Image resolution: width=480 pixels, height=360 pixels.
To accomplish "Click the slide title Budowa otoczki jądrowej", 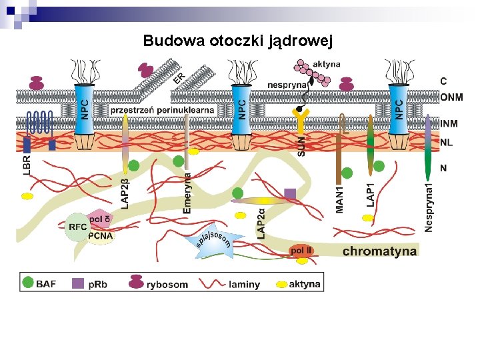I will [x=237, y=41].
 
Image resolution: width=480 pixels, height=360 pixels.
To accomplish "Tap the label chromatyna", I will [x=379, y=251].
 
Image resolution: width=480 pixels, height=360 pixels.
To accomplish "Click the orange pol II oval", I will [x=301, y=251].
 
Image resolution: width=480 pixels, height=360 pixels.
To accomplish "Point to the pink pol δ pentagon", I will [x=99, y=219].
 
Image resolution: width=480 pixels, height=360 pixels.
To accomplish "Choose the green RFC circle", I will [x=77, y=227].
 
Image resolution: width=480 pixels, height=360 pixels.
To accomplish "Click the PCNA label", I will [x=101, y=235].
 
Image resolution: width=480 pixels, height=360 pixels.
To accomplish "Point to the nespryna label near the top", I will [x=287, y=85].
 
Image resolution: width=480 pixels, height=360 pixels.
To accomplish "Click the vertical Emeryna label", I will [x=187, y=193].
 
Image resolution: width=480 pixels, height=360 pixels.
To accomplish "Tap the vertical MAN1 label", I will [x=340, y=199].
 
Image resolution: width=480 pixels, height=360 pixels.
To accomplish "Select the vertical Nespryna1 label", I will [x=429, y=207].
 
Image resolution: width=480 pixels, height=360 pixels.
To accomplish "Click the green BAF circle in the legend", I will [x=27, y=283].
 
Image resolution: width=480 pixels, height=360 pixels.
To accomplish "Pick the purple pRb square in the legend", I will [x=78, y=283].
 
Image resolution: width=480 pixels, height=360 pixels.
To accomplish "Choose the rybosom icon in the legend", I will [x=136, y=282].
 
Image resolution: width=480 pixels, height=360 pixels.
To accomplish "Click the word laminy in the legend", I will [x=245, y=285].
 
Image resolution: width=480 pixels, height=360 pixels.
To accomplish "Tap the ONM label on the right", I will [x=451, y=97].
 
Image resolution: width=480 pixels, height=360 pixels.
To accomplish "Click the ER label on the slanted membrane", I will [x=179, y=79].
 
